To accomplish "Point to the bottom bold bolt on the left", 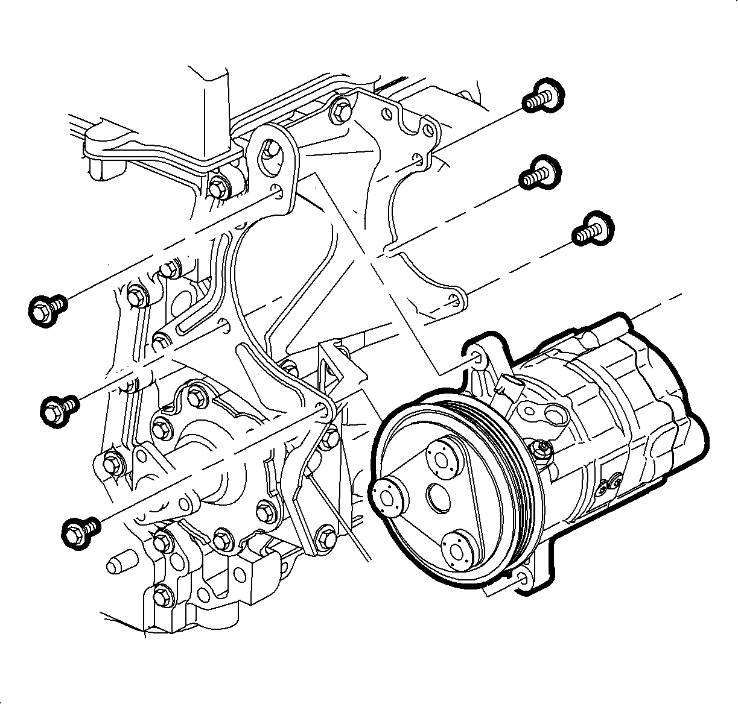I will coord(80,529).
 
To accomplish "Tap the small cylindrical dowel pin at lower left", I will coord(117,565).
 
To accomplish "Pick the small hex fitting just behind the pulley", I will coord(541,449).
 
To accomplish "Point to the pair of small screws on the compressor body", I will coord(610,484).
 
